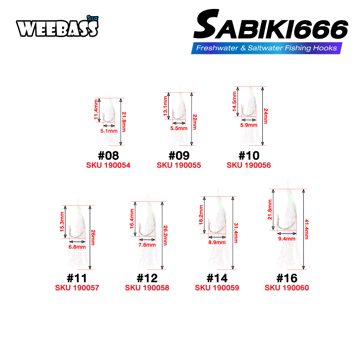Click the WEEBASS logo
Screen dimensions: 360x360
coord(57,27)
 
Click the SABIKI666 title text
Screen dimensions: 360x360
coord(271,24)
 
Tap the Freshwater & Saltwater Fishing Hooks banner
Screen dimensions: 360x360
coord(266,48)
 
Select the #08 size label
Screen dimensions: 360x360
coord(108,156)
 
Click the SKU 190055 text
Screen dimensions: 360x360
coord(179,165)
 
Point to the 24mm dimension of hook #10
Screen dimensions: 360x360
coord(266,116)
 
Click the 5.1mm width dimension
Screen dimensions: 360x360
coord(109,131)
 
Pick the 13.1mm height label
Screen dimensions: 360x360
coord(166,106)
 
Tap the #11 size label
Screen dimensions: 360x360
coord(77,278)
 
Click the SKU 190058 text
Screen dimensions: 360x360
coord(147,288)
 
